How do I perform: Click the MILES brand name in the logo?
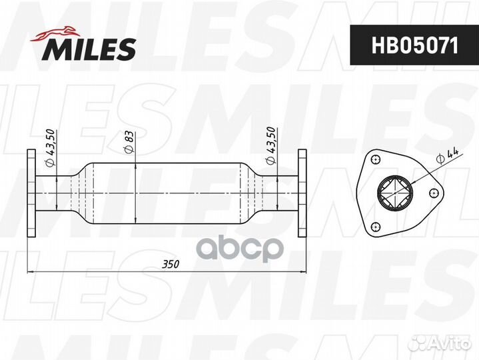(91, 49)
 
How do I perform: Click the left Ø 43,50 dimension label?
(49, 147)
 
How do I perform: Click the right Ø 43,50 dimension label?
(270, 146)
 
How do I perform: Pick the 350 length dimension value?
(171, 264)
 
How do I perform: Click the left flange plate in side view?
(31, 194)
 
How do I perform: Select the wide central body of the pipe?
(167, 194)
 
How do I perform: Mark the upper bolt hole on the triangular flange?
(376, 160)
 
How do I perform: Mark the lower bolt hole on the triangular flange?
(376, 226)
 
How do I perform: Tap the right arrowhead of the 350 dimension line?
(303, 271)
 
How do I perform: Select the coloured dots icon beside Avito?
(418, 343)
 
